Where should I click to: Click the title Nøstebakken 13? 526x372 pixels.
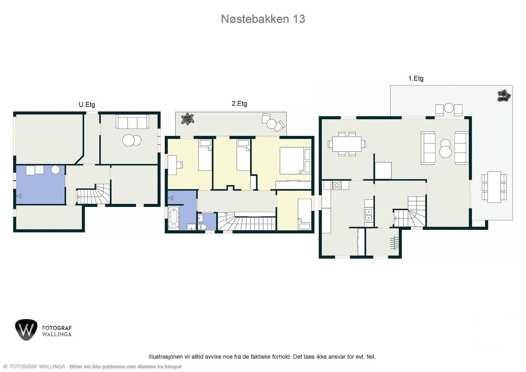click(263, 19)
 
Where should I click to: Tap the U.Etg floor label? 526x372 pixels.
click(87, 105)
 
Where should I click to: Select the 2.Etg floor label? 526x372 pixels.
click(239, 104)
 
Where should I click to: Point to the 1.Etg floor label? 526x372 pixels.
click(416, 78)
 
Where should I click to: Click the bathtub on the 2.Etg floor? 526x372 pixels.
click(173, 218)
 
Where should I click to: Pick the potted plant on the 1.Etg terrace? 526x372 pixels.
click(504, 96)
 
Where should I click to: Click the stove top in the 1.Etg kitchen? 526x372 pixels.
click(336, 185)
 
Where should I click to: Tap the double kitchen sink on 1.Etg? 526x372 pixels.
click(369, 214)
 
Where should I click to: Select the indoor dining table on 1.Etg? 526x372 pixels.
click(347, 144)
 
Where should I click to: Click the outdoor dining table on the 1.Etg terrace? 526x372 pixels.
click(494, 186)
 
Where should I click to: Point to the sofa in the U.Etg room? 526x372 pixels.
click(132, 122)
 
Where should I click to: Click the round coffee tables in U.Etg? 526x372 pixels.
click(132, 140)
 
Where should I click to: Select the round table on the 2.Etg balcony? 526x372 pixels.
click(272, 124)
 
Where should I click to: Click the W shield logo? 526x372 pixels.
click(26, 329)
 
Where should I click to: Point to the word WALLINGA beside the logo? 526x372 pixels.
click(57, 335)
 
